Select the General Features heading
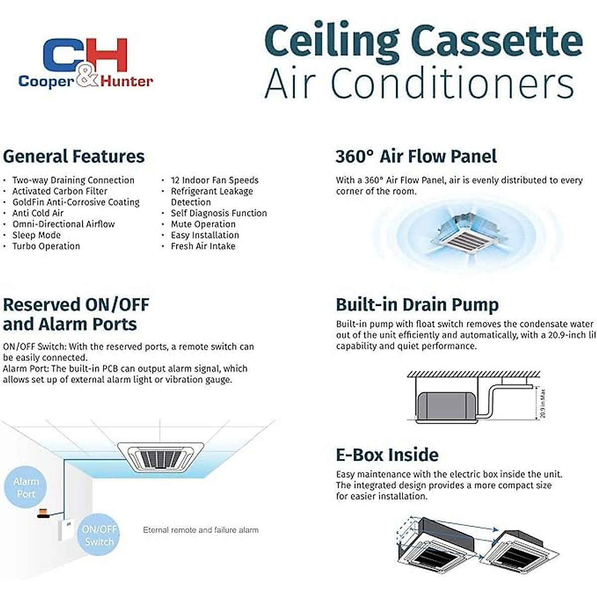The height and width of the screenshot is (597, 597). (74, 156)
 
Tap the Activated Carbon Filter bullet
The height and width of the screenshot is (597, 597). (60, 191)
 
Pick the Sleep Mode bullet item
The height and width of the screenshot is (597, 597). (36, 235)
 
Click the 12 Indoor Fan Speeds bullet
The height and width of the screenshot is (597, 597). (214, 180)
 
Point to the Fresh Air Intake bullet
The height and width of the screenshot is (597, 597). (203, 246)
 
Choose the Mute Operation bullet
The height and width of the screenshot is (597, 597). (203, 224)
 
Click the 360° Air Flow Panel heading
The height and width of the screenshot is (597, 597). (416, 156)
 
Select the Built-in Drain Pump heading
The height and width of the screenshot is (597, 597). (417, 304)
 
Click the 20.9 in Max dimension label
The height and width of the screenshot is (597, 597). (543, 403)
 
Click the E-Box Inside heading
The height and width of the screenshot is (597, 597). (387, 455)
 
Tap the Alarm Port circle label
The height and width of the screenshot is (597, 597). (26, 488)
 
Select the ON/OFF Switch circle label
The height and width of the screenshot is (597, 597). (99, 535)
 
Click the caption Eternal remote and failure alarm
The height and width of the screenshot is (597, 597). (200, 530)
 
